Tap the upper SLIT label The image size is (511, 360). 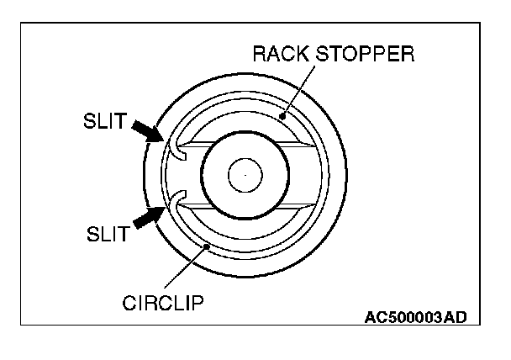pos(105,124)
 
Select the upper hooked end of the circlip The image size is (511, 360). pos(176,148)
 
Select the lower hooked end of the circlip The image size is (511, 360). pos(176,200)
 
